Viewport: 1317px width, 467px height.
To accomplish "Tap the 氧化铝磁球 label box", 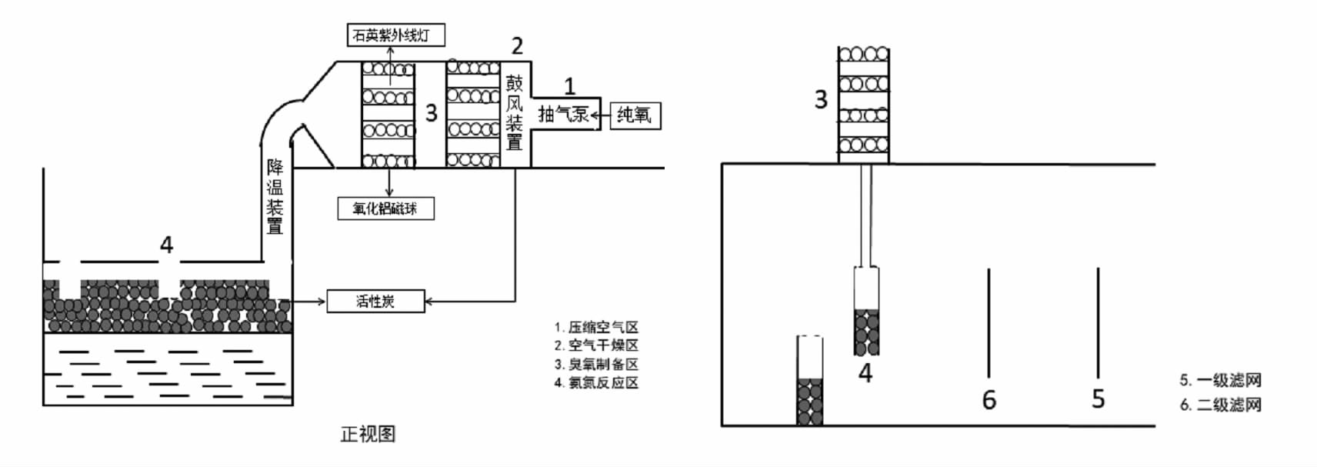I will (x=385, y=208).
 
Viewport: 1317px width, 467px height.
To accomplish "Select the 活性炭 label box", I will (x=375, y=301).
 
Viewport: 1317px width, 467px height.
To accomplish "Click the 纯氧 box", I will (x=635, y=115).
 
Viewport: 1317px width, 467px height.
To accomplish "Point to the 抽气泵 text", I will (x=563, y=114).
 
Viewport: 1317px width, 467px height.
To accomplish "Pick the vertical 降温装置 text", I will (x=275, y=196).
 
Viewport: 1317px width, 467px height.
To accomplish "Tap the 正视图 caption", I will (x=368, y=434).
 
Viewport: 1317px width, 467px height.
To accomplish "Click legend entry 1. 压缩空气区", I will (x=596, y=328).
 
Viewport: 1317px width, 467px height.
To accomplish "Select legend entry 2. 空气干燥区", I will (x=596, y=346).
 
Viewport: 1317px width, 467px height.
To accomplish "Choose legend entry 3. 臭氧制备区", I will (x=596, y=365).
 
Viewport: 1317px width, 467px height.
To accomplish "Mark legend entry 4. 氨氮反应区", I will (x=596, y=383).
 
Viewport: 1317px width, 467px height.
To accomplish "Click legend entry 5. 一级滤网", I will (x=1220, y=380).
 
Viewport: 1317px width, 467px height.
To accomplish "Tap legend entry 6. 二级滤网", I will (x=1220, y=405).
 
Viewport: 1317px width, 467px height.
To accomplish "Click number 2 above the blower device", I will (x=517, y=46).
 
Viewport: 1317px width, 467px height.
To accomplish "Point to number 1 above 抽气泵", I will (x=569, y=86).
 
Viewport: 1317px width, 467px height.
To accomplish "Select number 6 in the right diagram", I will (x=989, y=400).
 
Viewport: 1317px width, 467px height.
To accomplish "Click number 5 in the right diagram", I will (x=1099, y=399).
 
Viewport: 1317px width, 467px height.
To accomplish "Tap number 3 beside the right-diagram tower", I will (x=821, y=99).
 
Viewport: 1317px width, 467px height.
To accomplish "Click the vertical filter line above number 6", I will (x=989, y=323).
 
